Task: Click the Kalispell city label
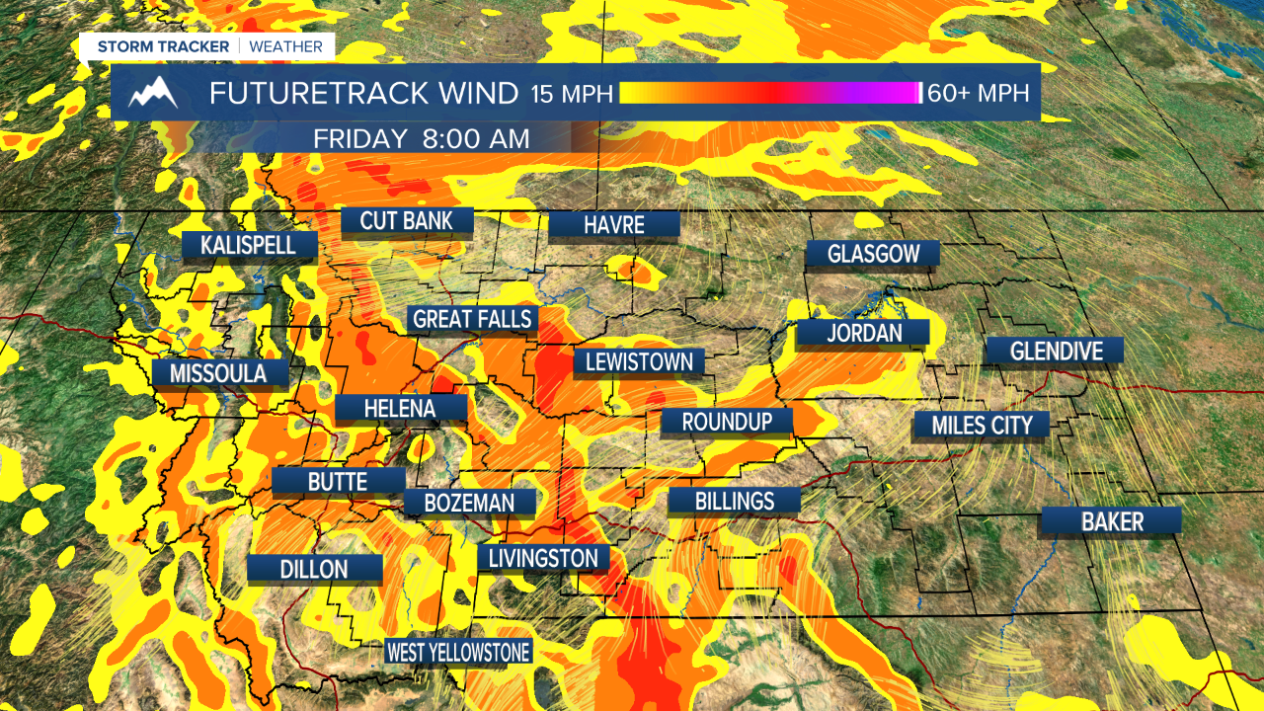tap(249, 245)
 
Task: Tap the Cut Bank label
tap(407, 220)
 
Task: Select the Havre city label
tap(613, 224)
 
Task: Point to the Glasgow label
tap(873, 254)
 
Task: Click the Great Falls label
tap(473, 319)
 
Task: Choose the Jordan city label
tap(864, 333)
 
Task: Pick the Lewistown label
tap(639, 361)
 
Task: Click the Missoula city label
tap(218, 373)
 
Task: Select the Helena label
tap(400, 408)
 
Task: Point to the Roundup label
tap(727, 422)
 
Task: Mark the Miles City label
tap(982, 425)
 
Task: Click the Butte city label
tap(338, 481)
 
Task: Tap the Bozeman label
tap(469, 503)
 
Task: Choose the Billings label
tap(734, 501)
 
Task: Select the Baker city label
tap(1112, 521)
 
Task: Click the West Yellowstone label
tap(458, 652)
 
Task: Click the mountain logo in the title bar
tap(153, 93)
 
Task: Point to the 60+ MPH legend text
tap(978, 94)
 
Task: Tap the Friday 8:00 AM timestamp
tap(422, 139)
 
